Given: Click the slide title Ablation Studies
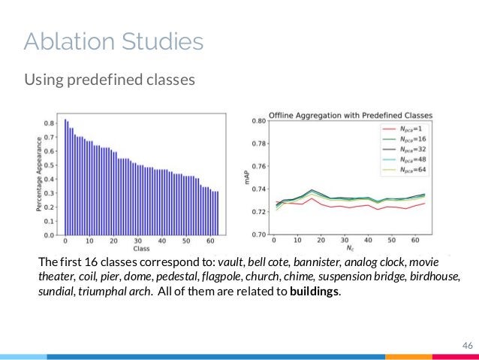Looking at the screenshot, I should (x=113, y=41).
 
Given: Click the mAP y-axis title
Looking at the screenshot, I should (x=249, y=177).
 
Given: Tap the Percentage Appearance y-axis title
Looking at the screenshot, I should (x=39, y=177).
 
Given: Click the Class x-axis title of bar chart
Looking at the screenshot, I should (x=141, y=249).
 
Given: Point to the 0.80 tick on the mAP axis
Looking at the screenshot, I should (x=260, y=121).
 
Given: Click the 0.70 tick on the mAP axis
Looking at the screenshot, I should (x=260, y=234).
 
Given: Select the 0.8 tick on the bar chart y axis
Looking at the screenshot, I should (x=50, y=123).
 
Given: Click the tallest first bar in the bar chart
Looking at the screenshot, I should (x=65, y=177).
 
